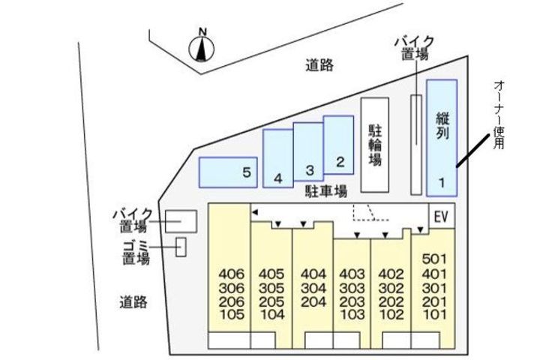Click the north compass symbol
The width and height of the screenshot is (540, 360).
pyautogui.click(x=202, y=47)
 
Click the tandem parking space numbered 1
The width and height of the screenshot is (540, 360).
pyautogui.click(x=442, y=136)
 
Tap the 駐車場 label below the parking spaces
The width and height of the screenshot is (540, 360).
pyautogui.click(x=325, y=191)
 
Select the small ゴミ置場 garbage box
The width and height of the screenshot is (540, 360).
pyautogui.click(x=181, y=246)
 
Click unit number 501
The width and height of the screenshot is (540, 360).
pyautogui.click(x=434, y=259)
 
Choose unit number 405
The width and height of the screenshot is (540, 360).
pyautogui.click(x=271, y=273)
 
